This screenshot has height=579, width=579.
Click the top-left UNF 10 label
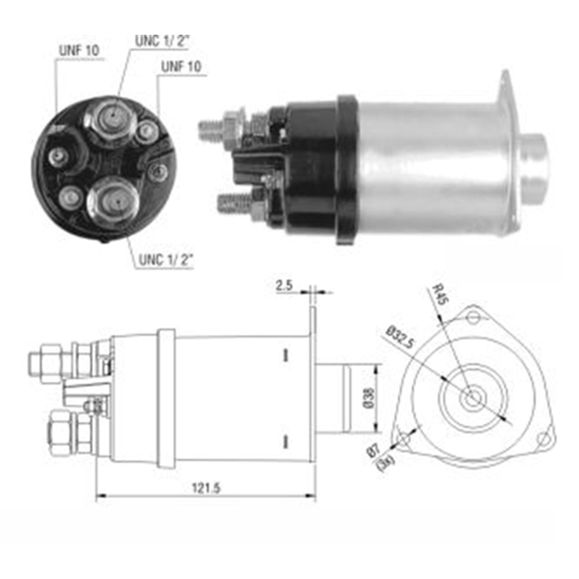(79, 50)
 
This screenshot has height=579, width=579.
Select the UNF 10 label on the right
(181, 67)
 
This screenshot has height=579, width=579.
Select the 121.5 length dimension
(206, 488)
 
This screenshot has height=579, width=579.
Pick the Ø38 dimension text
(369, 398)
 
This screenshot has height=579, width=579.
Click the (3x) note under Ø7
(385, 463)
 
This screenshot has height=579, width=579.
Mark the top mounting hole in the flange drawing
(474, 317)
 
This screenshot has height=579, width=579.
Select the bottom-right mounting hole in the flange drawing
(543, 439)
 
